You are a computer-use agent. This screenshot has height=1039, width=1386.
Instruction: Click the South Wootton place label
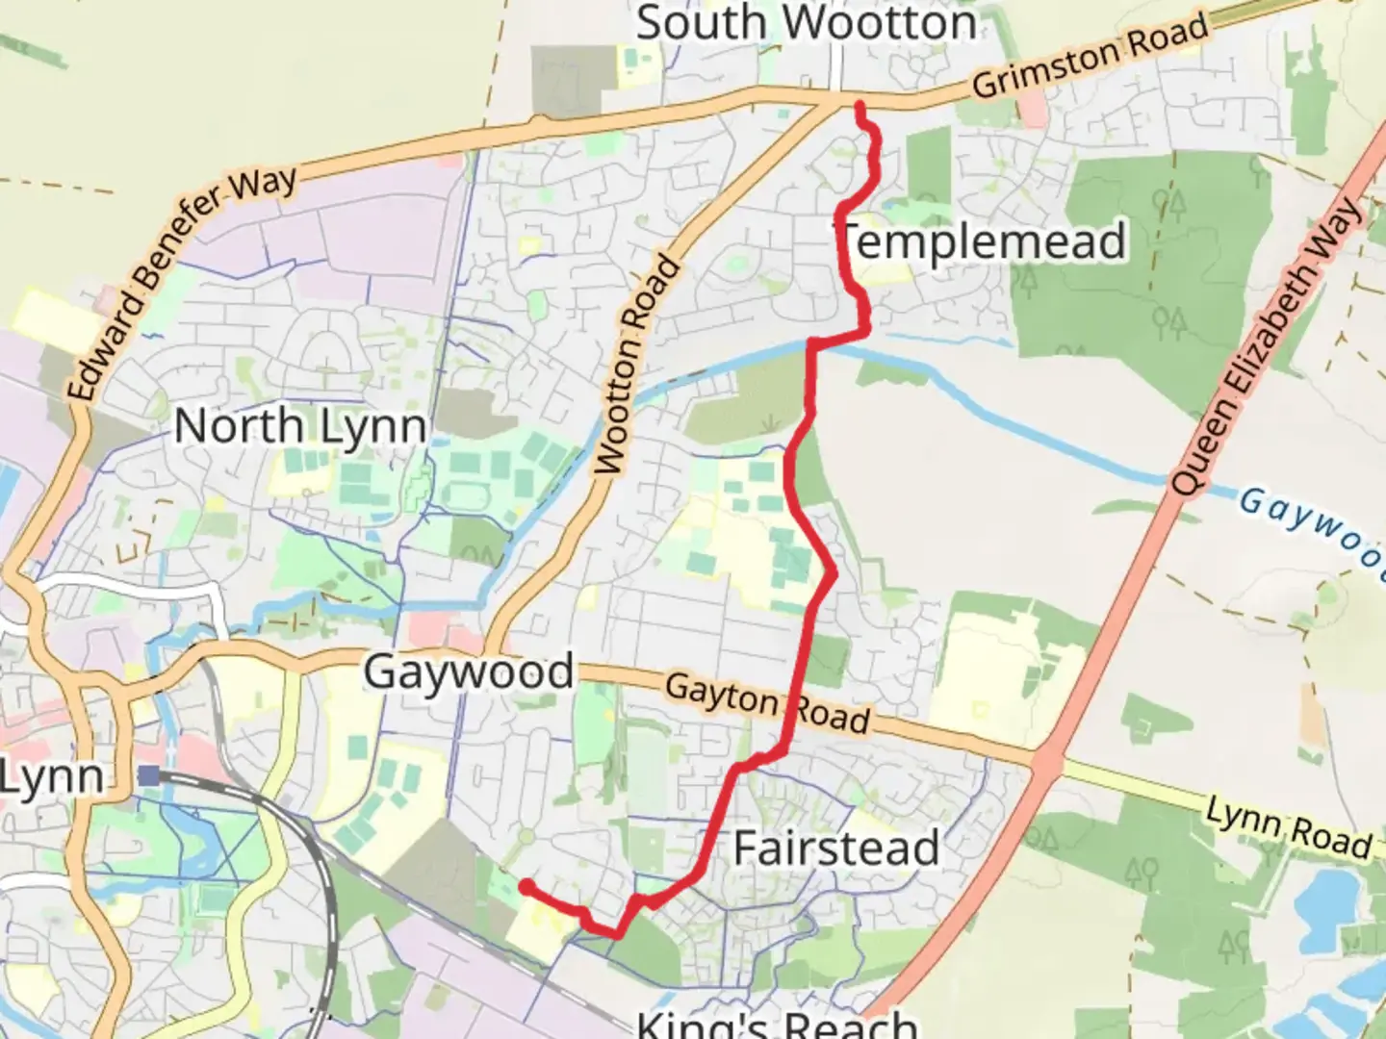[x=807, y=23]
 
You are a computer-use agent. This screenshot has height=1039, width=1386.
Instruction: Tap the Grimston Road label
[x=1090, y=56]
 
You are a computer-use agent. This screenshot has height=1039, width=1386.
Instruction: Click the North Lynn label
[x=300, y=426]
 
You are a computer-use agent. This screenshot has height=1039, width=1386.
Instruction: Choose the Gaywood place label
[x=469, y=672]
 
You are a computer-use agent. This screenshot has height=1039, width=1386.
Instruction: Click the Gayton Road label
[x=767, y=703]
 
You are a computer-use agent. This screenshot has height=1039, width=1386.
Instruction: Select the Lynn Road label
[x=1289, y=829]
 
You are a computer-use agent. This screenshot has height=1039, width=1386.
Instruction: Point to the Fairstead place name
[x=836, y=849]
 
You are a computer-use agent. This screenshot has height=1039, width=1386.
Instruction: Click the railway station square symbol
[x=148, y=774]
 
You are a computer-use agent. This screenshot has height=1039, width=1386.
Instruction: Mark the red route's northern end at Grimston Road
[x=859, y=105]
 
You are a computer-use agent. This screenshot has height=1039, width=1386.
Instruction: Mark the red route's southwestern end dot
[x=526, y=886]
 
